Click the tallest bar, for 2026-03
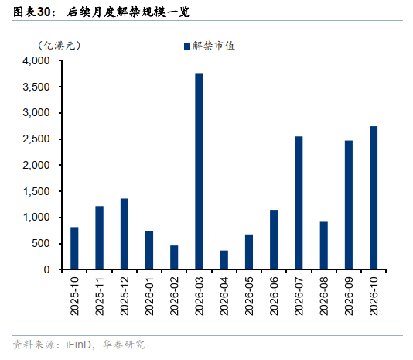tap(199, 171)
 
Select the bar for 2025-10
tap(74, 249)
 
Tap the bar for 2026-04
tap(224, 260)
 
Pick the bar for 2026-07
tap(299, 203)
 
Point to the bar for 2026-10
tap(374, 197)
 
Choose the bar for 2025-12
tap(125, 234)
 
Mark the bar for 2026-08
tap(324, 245)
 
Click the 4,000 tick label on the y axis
tap(36, 61)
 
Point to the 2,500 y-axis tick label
tap(36, 139)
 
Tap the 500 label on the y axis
tap(41, 243)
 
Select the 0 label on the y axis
tap(47, 269)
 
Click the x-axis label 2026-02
tap(174, 296)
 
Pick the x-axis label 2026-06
tap(274, 296)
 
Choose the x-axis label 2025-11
tap(99, 296)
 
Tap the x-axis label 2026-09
tap(349, 296)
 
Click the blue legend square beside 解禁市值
tap(187, 46)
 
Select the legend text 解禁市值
tap(213, 46)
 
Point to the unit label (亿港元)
tap(60, 46)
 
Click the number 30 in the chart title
tap(44, 12)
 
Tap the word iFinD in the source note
tap(78, 345)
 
